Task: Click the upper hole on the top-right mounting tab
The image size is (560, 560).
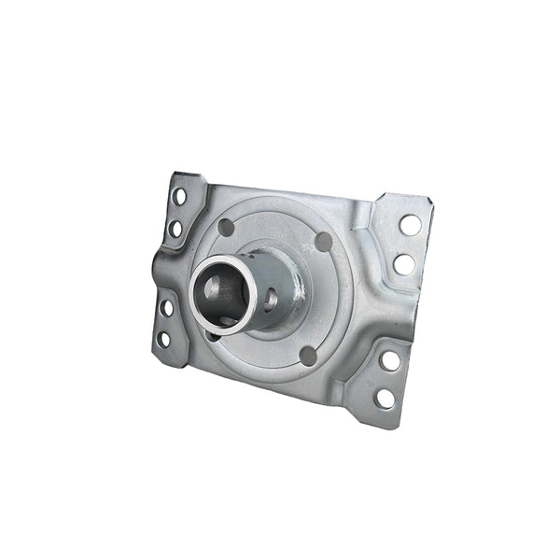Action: click(409, 225)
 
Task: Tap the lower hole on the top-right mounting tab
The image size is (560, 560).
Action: click(403, 264)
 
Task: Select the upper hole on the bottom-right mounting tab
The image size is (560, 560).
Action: click(390, 360)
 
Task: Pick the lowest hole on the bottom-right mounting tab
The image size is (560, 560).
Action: click(384, 399)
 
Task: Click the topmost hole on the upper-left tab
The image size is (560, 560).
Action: click(178, 197)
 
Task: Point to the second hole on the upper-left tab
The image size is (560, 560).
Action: click(175, 228)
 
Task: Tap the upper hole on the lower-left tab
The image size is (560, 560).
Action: click(167, 307)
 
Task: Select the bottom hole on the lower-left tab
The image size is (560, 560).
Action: click(163, 339)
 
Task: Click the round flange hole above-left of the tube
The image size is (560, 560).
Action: click(226, 227)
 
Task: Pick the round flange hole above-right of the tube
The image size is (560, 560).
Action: click(324, 242)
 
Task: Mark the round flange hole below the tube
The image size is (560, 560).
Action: click(307, 356)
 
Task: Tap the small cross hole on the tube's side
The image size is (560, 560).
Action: click(270, 300)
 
